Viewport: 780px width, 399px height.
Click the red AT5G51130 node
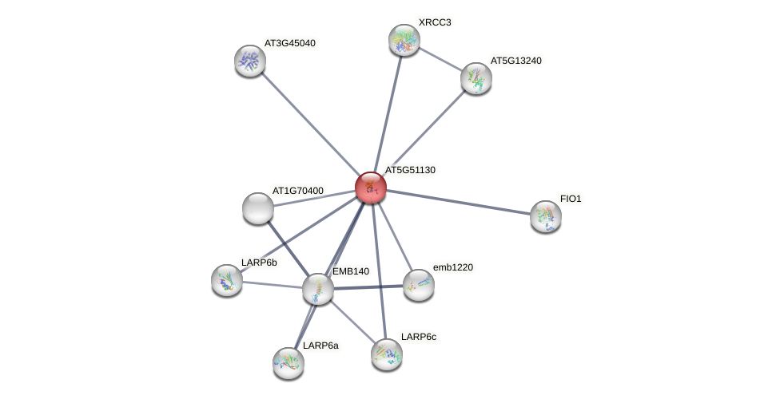371,188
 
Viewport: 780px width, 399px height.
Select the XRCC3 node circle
404,40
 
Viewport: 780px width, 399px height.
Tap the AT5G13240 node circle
476,78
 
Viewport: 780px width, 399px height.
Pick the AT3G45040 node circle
250,61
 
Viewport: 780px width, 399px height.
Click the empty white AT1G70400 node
258,208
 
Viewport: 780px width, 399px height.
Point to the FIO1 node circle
546,216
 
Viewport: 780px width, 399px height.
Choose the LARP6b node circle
227,280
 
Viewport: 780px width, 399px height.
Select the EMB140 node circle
318,289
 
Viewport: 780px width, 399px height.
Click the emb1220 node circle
418,285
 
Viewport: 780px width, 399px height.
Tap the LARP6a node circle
289,363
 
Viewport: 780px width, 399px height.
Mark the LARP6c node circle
387,354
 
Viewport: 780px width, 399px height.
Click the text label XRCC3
434,22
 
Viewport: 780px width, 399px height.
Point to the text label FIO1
571,199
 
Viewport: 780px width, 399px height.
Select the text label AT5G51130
410,170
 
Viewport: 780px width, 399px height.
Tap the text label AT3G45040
291,43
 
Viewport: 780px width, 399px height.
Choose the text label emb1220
456,267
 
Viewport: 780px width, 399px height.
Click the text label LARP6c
419,337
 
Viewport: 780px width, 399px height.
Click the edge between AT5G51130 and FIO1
458,202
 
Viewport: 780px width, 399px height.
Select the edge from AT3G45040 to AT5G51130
310,124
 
